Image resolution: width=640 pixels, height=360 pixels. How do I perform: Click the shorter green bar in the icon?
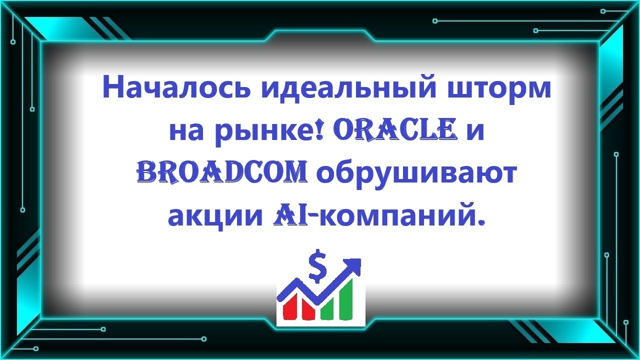coord(328,308)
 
